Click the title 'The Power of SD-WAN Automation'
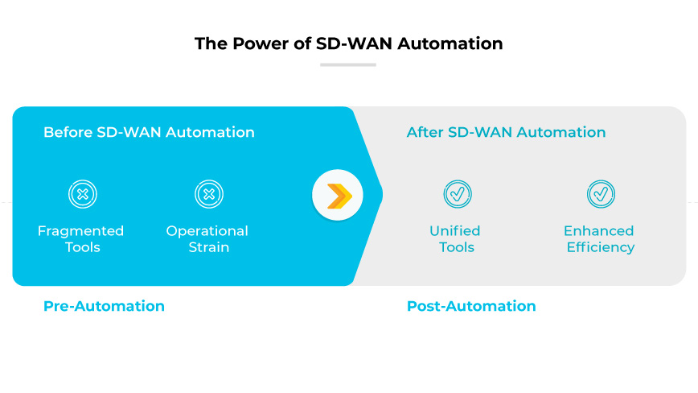click(x=348, y=43)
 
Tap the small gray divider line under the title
click(x=348, y=64)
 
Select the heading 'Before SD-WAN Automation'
click(x=149, y=132)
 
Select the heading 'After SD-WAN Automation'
click(x=506, y=132)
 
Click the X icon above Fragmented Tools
click(x=82, y=194)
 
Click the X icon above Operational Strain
click(x=208, y=194)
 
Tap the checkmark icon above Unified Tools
click(x=458, y=194)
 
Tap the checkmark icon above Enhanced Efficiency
click(x=601, y=194)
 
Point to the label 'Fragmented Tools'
click(x=81, y=239)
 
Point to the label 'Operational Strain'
click(x=207, y=239)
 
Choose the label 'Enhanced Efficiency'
click(x=600, y=239)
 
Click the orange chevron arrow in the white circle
click(x=338, y=195)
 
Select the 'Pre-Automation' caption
click(x=104, y=306)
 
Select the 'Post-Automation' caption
click(x=471, y=306)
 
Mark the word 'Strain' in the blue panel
click(x=208, y=248)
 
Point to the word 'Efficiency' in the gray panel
click(x=600, y=248)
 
